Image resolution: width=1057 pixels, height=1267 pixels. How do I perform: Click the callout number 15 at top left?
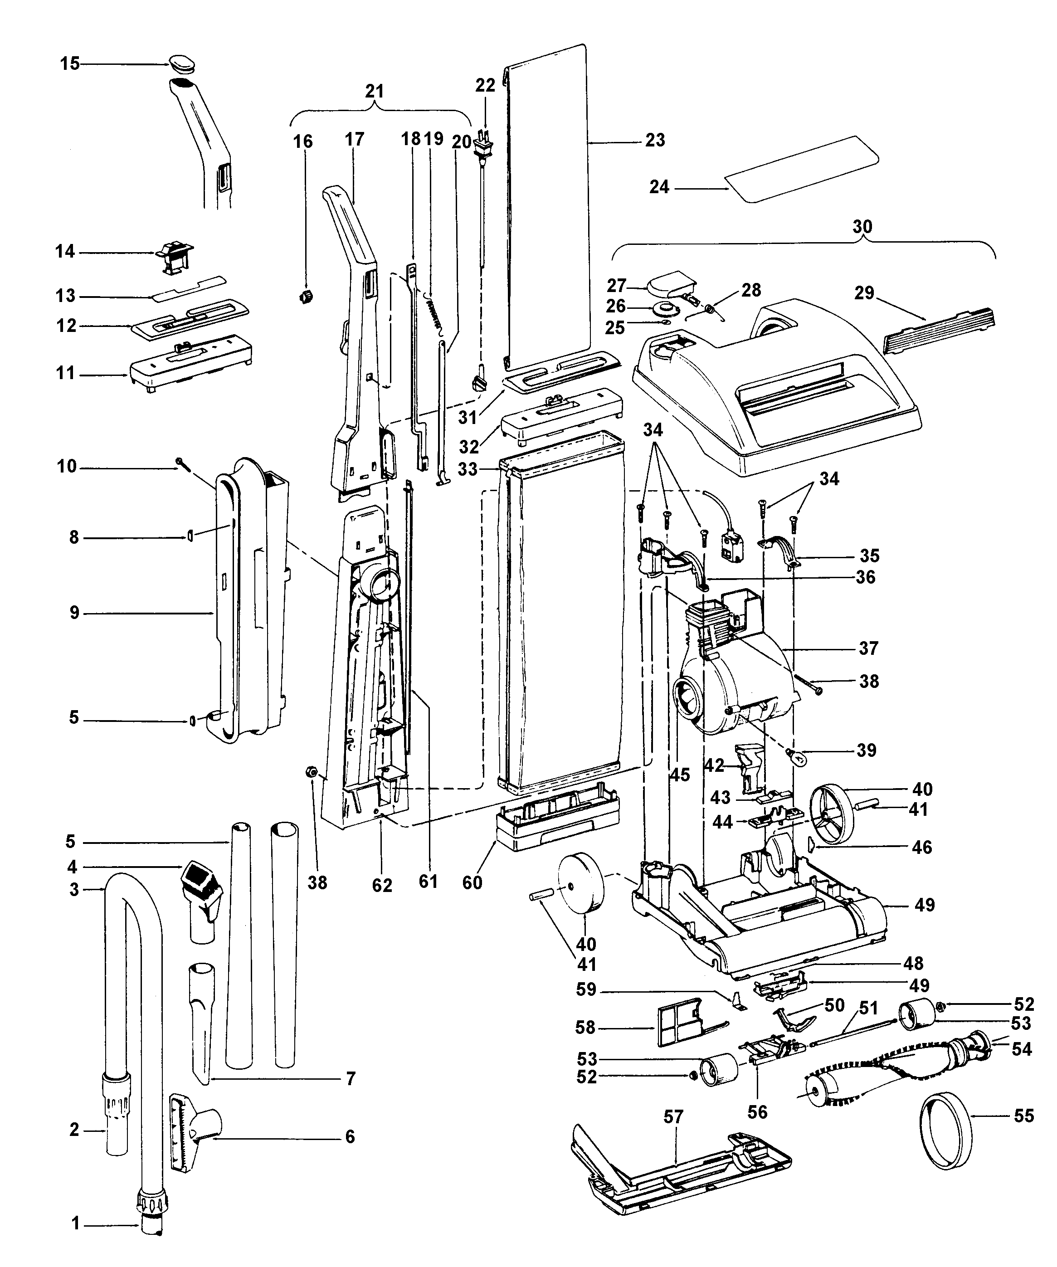(x=70, y=63)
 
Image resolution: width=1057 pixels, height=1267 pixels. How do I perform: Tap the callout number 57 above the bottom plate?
(x=673, y=1117)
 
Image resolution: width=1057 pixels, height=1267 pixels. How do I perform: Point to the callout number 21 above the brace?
(x=374, y=91)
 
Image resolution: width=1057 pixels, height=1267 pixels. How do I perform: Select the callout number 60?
(x=472, y=882)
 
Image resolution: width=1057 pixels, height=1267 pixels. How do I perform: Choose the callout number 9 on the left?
(x=74, y=613)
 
